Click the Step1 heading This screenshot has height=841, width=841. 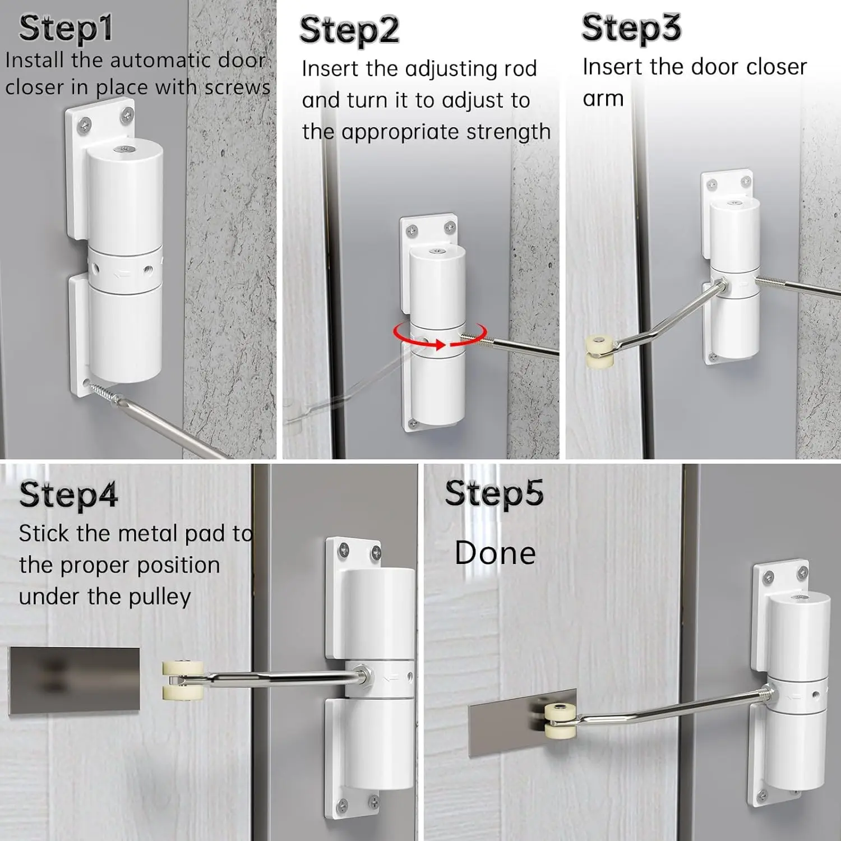click(x=66, y=29)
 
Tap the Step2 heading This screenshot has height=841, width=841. click(x=349, y=30)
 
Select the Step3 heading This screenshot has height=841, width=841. click(x=631, y=28)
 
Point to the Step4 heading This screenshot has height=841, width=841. click(x=68, y=495)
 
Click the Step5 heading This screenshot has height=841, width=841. click(x=494, y=493)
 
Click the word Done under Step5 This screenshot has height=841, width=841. click(x=495, y=553)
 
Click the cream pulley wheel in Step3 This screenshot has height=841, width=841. click(x=599, y=352)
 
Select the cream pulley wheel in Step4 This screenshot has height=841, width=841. click(x=183, y=681)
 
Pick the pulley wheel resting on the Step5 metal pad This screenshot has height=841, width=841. click(x=561, y=719)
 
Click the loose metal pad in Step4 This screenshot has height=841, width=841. click(x=74, y=681)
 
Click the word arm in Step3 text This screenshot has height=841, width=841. click(x=603, y=99)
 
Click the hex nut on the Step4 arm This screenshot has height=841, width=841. click(x=363, y=675)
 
